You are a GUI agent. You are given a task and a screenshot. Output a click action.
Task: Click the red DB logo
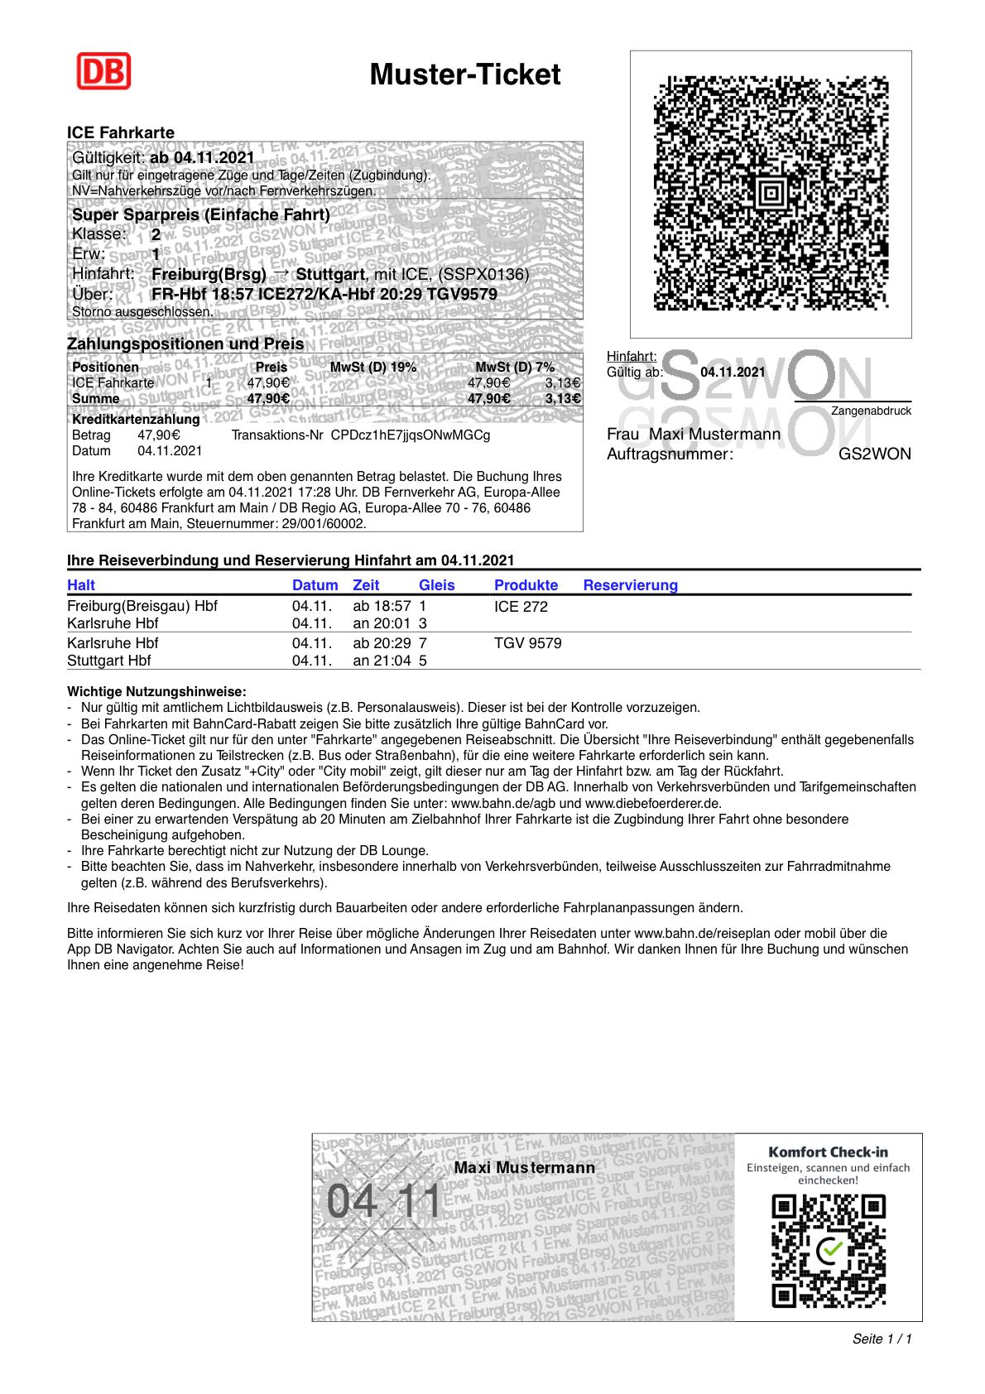[x=103, y=71]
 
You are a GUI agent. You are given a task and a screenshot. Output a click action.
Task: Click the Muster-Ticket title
[x=464, y=75]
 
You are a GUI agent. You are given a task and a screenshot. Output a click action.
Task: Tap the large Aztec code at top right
[x=771, y=193]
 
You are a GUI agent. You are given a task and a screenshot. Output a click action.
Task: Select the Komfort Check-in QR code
[x=828, y=1251]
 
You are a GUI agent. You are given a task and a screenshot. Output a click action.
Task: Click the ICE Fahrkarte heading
[x=121, y=132]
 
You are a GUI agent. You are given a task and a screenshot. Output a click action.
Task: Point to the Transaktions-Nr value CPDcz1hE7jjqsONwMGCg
[x=410, y=435]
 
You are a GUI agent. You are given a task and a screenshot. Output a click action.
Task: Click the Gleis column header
[x=436, y=585]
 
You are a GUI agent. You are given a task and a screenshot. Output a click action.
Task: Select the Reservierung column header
[x=630, y=585]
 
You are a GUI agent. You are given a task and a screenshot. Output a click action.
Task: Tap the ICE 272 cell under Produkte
[x=521, y=607]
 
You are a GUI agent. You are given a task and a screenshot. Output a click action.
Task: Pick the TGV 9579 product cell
[x=527, y=643]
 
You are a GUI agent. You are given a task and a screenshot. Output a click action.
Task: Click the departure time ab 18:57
[x=382, y=607]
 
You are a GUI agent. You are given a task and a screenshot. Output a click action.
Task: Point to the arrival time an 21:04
[x=382, y=661]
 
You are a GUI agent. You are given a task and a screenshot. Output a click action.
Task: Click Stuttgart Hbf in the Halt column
[x=108, y=661]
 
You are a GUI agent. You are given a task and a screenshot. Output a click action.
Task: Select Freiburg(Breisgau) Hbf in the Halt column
[x=142, y=606]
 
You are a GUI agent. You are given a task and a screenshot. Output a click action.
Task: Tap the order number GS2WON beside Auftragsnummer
[x=874, y=454]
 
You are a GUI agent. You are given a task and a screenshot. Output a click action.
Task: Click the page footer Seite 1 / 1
[x=882, y=1339]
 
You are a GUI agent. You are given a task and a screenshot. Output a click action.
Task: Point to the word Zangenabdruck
[x=871, y=411]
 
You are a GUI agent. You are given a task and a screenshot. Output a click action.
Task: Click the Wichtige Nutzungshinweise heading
[x=156, y=691]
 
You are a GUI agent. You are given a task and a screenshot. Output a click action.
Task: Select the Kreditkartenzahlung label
[x=136, y=419]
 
